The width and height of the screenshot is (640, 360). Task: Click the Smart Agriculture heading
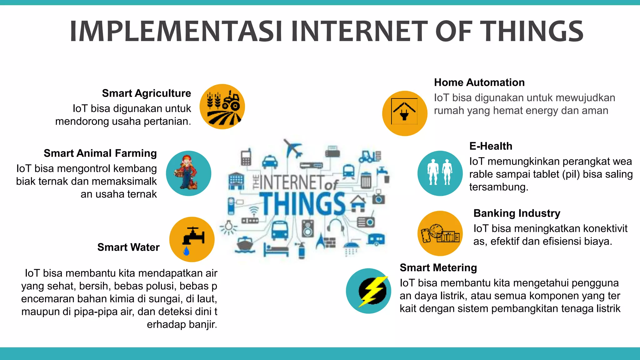[x=146, y=93]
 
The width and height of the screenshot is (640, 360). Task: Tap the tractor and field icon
[x=222, y=107]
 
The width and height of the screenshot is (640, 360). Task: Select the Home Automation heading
[x=479, y=82]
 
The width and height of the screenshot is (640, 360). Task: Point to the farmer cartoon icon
[x=188, y=173]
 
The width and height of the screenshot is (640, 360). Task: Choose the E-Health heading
[x=491, y=146]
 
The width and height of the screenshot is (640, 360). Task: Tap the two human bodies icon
[x=440, y=172]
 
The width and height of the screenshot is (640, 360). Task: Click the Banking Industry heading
[x=517, y=213]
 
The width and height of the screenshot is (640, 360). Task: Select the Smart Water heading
[x=128, y=247]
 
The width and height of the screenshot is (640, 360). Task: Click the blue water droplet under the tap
[x=186, y=251]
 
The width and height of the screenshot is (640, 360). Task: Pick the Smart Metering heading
[x=438, y=267]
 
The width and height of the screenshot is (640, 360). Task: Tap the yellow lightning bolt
[x=372, y=291]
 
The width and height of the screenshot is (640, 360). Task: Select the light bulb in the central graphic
[x=229, y=227]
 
